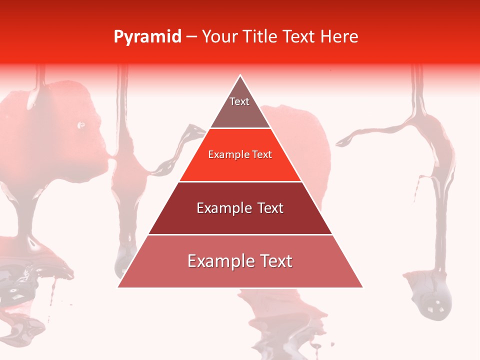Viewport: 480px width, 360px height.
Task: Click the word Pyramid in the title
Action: point(147,37)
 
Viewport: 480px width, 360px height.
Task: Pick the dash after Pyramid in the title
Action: point(191,37)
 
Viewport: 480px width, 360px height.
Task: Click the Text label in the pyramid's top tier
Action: point(239,101)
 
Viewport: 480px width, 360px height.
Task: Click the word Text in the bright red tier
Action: point(261,154)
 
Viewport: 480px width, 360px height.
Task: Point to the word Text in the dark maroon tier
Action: point(270,208)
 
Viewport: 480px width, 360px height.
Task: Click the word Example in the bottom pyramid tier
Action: point(218,261)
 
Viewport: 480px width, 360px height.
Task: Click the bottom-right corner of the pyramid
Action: point(362,286)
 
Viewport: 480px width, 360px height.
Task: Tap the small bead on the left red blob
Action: point(81,125)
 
